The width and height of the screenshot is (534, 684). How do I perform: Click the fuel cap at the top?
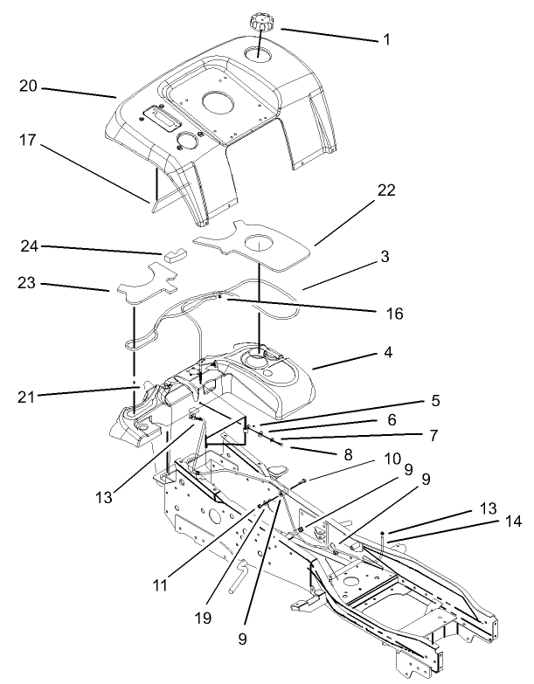[260, 20]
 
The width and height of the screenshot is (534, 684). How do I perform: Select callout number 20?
[27, 86]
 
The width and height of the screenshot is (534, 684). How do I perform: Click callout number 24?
[27, 247]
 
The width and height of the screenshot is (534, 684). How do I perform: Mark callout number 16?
[399, 312]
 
